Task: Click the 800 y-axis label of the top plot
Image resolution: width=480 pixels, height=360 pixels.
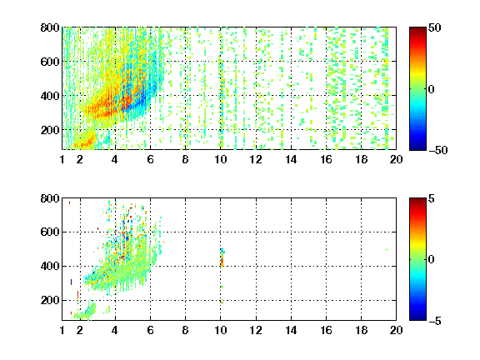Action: click(x=50, y=27)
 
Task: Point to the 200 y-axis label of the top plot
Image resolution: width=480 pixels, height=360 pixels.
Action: click(x=50, y=130)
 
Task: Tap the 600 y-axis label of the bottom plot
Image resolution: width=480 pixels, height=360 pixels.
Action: click(x=50, y=232)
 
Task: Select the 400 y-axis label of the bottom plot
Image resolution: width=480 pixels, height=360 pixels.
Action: click(x=50, y=266)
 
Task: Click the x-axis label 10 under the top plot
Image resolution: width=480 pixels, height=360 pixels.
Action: click(x=220, y=159)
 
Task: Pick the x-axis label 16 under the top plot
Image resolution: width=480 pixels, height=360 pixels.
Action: click(x=326, y=159)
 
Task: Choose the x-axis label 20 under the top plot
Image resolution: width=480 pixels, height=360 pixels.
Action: click(x=396, y=159)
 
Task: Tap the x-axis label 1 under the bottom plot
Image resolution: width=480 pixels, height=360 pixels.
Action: click(x=62, y=330)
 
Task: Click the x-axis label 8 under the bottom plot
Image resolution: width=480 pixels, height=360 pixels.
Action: click(x=185, y=330)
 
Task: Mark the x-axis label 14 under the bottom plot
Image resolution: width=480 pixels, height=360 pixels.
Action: click(x=291, y=330)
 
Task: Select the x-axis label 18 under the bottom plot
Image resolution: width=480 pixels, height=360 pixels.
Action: click(x=361, y=330)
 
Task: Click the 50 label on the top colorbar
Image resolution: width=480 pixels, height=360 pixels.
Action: click(x=434, y=27)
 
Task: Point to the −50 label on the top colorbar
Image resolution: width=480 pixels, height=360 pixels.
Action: click(x=438, y=150)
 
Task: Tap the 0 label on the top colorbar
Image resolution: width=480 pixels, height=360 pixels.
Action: click(x=431, y=89)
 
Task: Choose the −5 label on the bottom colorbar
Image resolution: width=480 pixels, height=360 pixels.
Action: click(x=435, y=321)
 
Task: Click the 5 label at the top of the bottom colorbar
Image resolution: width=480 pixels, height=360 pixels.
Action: click(x=431, y=198)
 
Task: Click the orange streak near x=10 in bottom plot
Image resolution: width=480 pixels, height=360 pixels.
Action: click(x=222, y=262)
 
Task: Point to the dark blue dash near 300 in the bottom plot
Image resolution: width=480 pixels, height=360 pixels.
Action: click(x=72, y=282)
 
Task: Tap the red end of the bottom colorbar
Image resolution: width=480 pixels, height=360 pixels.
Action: click(x=417, y=202)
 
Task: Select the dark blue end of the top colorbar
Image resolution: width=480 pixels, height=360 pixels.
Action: click(x=417, y=147)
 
